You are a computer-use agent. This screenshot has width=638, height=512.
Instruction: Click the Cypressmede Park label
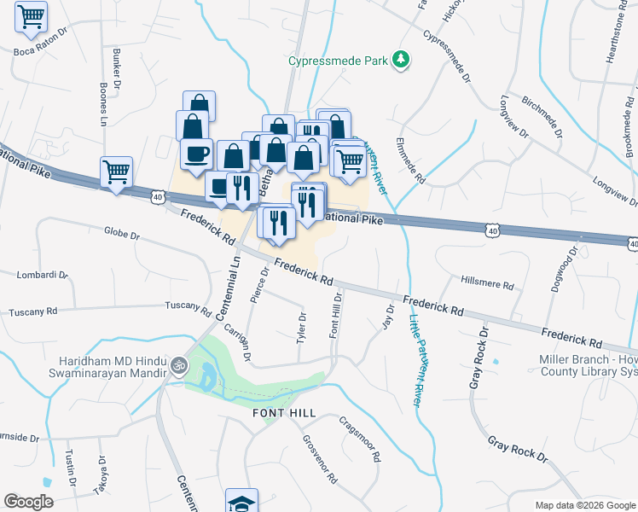pos(338,61)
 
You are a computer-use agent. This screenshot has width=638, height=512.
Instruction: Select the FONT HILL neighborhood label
pos(284,413)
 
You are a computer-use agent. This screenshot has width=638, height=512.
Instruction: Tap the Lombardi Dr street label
pos(42,275)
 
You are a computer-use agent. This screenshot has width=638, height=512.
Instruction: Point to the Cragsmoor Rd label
pos(359,439)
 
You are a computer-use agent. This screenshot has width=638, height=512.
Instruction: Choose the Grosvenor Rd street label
pos(319,459)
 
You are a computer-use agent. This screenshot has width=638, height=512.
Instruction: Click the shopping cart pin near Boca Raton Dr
pos(31,16)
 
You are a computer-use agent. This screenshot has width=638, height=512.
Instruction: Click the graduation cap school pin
pos(241,502)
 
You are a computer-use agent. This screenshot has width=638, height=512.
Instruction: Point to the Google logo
pos(28,502)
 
